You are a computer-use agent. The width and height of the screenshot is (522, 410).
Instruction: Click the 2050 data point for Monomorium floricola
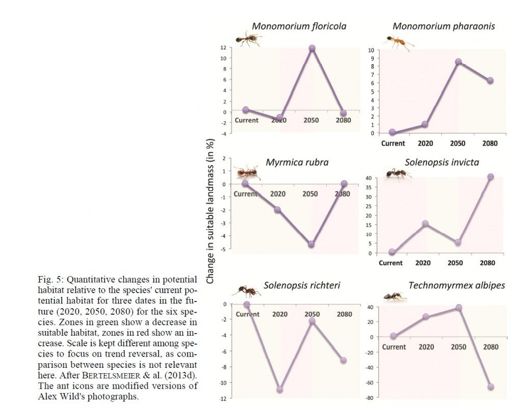[311, 48]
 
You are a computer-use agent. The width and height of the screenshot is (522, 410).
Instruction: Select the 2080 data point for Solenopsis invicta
[490, 177]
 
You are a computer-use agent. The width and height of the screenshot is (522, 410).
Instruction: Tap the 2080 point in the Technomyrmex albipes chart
[491, 387]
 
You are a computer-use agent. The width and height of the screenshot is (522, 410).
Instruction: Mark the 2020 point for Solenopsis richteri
[279, 390]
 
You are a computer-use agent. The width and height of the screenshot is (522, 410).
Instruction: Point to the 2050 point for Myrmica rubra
[311, 244]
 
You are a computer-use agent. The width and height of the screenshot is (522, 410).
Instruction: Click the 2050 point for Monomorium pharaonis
[458, 62]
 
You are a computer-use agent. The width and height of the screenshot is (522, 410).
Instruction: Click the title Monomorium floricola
[292, 26]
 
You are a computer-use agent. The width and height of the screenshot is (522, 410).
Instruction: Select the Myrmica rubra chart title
[297, 162]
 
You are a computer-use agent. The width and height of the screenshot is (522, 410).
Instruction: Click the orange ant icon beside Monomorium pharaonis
[398, 42]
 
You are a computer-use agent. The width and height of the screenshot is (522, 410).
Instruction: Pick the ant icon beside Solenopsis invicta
[397, 175]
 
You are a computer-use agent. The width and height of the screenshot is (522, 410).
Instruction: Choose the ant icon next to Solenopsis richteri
[246, 291]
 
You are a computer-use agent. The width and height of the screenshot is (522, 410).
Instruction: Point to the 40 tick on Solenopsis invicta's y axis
[378, 178]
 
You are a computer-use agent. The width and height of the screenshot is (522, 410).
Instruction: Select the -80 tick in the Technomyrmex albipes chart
[378, 397]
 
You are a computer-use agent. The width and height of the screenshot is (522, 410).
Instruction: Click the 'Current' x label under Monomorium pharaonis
[393, 143]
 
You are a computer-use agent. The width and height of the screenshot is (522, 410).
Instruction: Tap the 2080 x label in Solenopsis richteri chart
[344, 314]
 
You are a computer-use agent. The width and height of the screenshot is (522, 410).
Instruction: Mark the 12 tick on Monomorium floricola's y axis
[223, 47]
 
